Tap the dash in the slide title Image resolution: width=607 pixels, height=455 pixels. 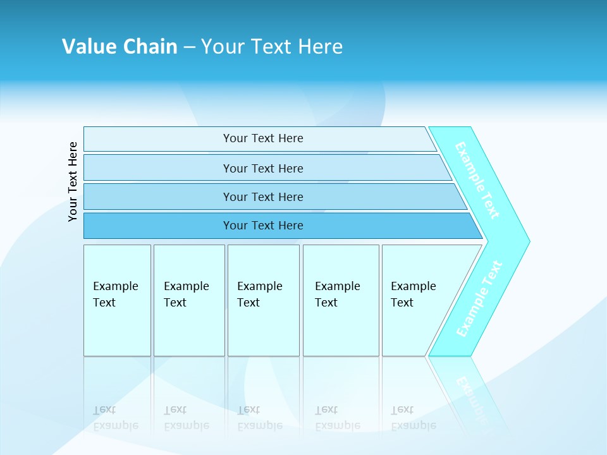(x=189, y=47)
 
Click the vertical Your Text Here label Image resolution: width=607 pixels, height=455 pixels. (x=73, y=182)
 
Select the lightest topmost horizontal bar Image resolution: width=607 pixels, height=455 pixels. (x=263, y=138)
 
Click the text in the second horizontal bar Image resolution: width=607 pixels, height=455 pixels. (x=263, y=168)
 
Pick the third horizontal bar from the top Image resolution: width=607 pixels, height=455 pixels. (x=263, y=197)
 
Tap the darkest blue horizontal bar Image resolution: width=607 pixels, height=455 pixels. (x=263, y=226)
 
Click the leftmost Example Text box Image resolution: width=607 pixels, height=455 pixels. (x=117, y=300)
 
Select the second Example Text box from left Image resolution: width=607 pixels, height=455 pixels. (x=189, y=300)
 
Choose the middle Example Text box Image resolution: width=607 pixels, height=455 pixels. (x=263, y=300)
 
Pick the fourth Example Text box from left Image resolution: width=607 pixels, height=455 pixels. (x=341, y=300)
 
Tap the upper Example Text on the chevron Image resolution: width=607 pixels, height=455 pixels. (x=477, y=181)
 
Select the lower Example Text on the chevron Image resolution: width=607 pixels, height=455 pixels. (x=479, y=299)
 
